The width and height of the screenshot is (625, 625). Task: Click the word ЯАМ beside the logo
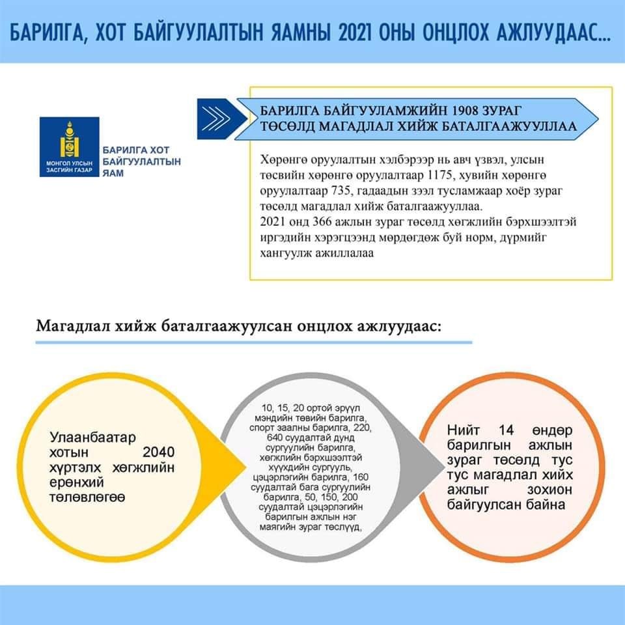[113, 174]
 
